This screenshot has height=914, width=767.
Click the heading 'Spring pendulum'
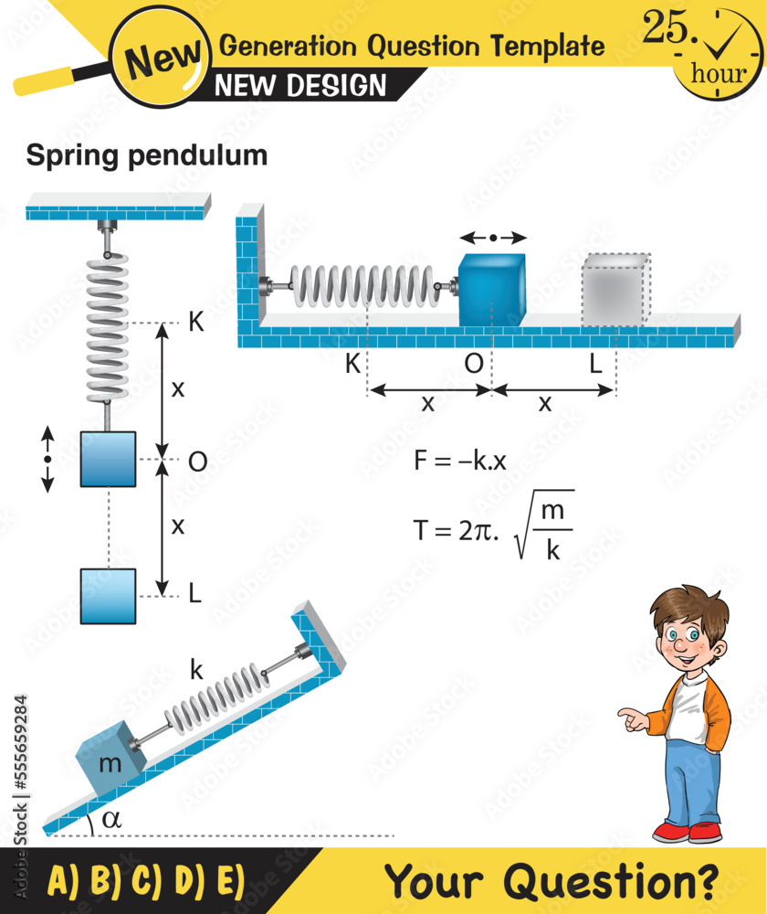146,155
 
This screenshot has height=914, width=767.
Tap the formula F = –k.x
459,461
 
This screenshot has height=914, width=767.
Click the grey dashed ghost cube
615,289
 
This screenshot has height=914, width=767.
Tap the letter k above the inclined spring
196,669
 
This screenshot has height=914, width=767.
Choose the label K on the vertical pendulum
195,323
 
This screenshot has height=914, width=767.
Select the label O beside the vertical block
197,462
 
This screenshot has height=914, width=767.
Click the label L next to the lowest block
194,593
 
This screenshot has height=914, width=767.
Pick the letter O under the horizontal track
473,364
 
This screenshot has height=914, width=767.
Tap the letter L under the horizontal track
595,364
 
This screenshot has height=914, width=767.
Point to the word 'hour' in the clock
718,74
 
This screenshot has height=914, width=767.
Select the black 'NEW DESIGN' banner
301,86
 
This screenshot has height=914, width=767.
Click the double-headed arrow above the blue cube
493,238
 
